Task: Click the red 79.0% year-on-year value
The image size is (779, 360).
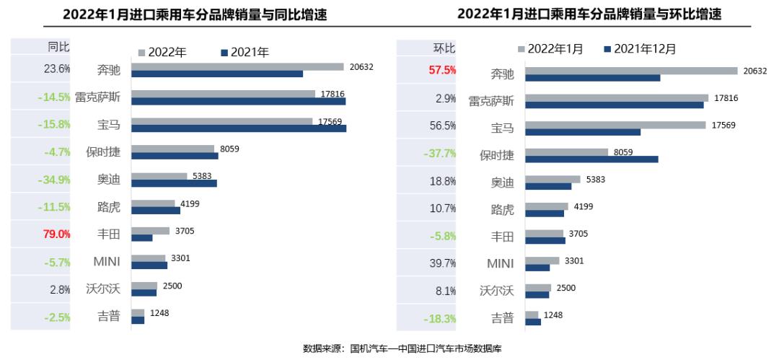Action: coord(58,234)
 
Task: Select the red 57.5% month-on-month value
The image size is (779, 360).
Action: coord(443,71)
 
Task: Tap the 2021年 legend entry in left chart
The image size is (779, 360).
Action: coord(245,52)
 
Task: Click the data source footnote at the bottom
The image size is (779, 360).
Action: coord(402,349)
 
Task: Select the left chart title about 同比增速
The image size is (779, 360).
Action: coord(195,14)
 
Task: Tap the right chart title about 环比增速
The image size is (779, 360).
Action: coord(589,14)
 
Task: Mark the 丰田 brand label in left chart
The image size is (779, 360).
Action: coord(109,234)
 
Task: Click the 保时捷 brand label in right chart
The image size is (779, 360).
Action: coord(497,155)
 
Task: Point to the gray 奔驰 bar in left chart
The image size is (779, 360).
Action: coord(237,66)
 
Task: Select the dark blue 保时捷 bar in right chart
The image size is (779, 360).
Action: coord(591,159)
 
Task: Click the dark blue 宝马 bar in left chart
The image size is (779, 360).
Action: coord(239,128)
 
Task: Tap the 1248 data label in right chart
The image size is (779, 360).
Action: coord(553,315)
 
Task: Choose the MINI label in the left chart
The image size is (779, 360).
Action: coord(107,261)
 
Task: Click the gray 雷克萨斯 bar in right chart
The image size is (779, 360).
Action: coord(617,97)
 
